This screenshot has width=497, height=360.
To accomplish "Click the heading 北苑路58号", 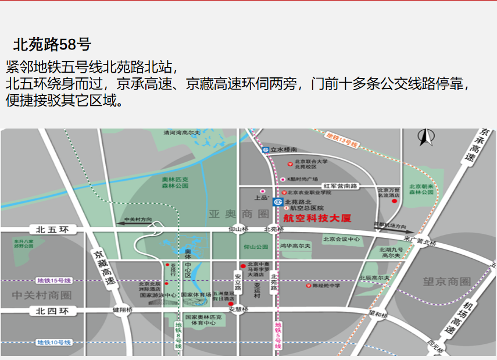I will coord(52,45).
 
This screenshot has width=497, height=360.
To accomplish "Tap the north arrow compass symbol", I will coord(424,137).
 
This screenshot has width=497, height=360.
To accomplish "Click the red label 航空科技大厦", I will coord(317,219).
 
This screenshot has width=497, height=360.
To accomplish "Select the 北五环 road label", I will coord(52,230).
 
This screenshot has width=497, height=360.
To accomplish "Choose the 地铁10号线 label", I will coord(53,343).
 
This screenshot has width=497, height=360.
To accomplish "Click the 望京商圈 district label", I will coord(446,281).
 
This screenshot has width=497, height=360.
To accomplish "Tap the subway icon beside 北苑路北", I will coord(277,201).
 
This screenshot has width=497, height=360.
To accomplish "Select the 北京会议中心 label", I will coord(341,239).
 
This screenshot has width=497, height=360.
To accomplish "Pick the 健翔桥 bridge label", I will coord(123,309).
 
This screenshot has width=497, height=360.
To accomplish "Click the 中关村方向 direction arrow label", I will coord(138,220).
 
